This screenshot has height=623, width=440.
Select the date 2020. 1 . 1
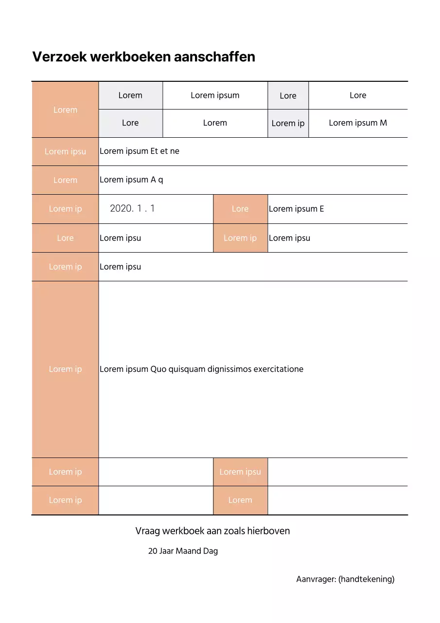[x=132, y=209]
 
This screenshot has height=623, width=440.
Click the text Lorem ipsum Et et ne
[x=140, y=151]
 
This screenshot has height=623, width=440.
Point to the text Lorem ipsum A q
[x=131, y=180]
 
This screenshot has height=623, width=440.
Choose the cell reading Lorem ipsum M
[x=358, y=123]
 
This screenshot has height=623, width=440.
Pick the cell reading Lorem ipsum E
[x=296, y=209]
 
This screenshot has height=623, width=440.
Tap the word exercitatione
[x=279, y=369]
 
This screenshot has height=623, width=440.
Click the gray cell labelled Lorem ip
[x=288, y=124]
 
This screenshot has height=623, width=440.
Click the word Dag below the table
[x=211, y=551]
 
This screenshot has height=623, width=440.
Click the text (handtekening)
[x=367, y=580]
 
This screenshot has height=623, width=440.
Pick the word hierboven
[x=268, y=531]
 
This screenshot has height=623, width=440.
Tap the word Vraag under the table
[x=147, y=531]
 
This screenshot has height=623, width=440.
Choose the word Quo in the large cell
[x=158, y=369]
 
